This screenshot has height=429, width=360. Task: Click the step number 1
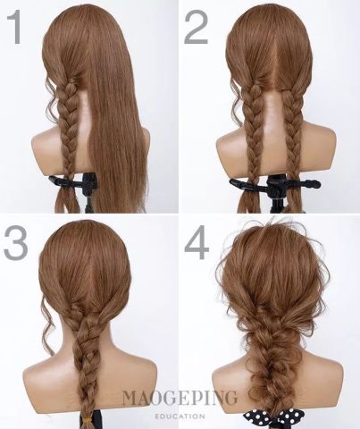pyautogui.click(x=15, y=27)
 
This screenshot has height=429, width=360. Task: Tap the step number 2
pyautogui.click(x=196, y=27)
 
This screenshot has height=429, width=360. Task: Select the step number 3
pyautogui.click(x=16, y=241)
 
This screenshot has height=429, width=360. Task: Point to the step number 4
pyautogui.click(x=197, y=241)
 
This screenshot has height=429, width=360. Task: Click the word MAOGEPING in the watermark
pyautogui.click(x=180, y=398)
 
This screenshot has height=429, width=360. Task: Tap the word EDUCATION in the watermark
pyautogui.click(x=180, y=416)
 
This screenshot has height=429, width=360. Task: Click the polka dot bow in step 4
pyautogui.click(x=271, y=418)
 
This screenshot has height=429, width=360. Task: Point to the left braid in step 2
pyautogui.click(x=254, y=131)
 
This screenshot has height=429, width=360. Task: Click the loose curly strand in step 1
pyautogui.click(x=51, y=98)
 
